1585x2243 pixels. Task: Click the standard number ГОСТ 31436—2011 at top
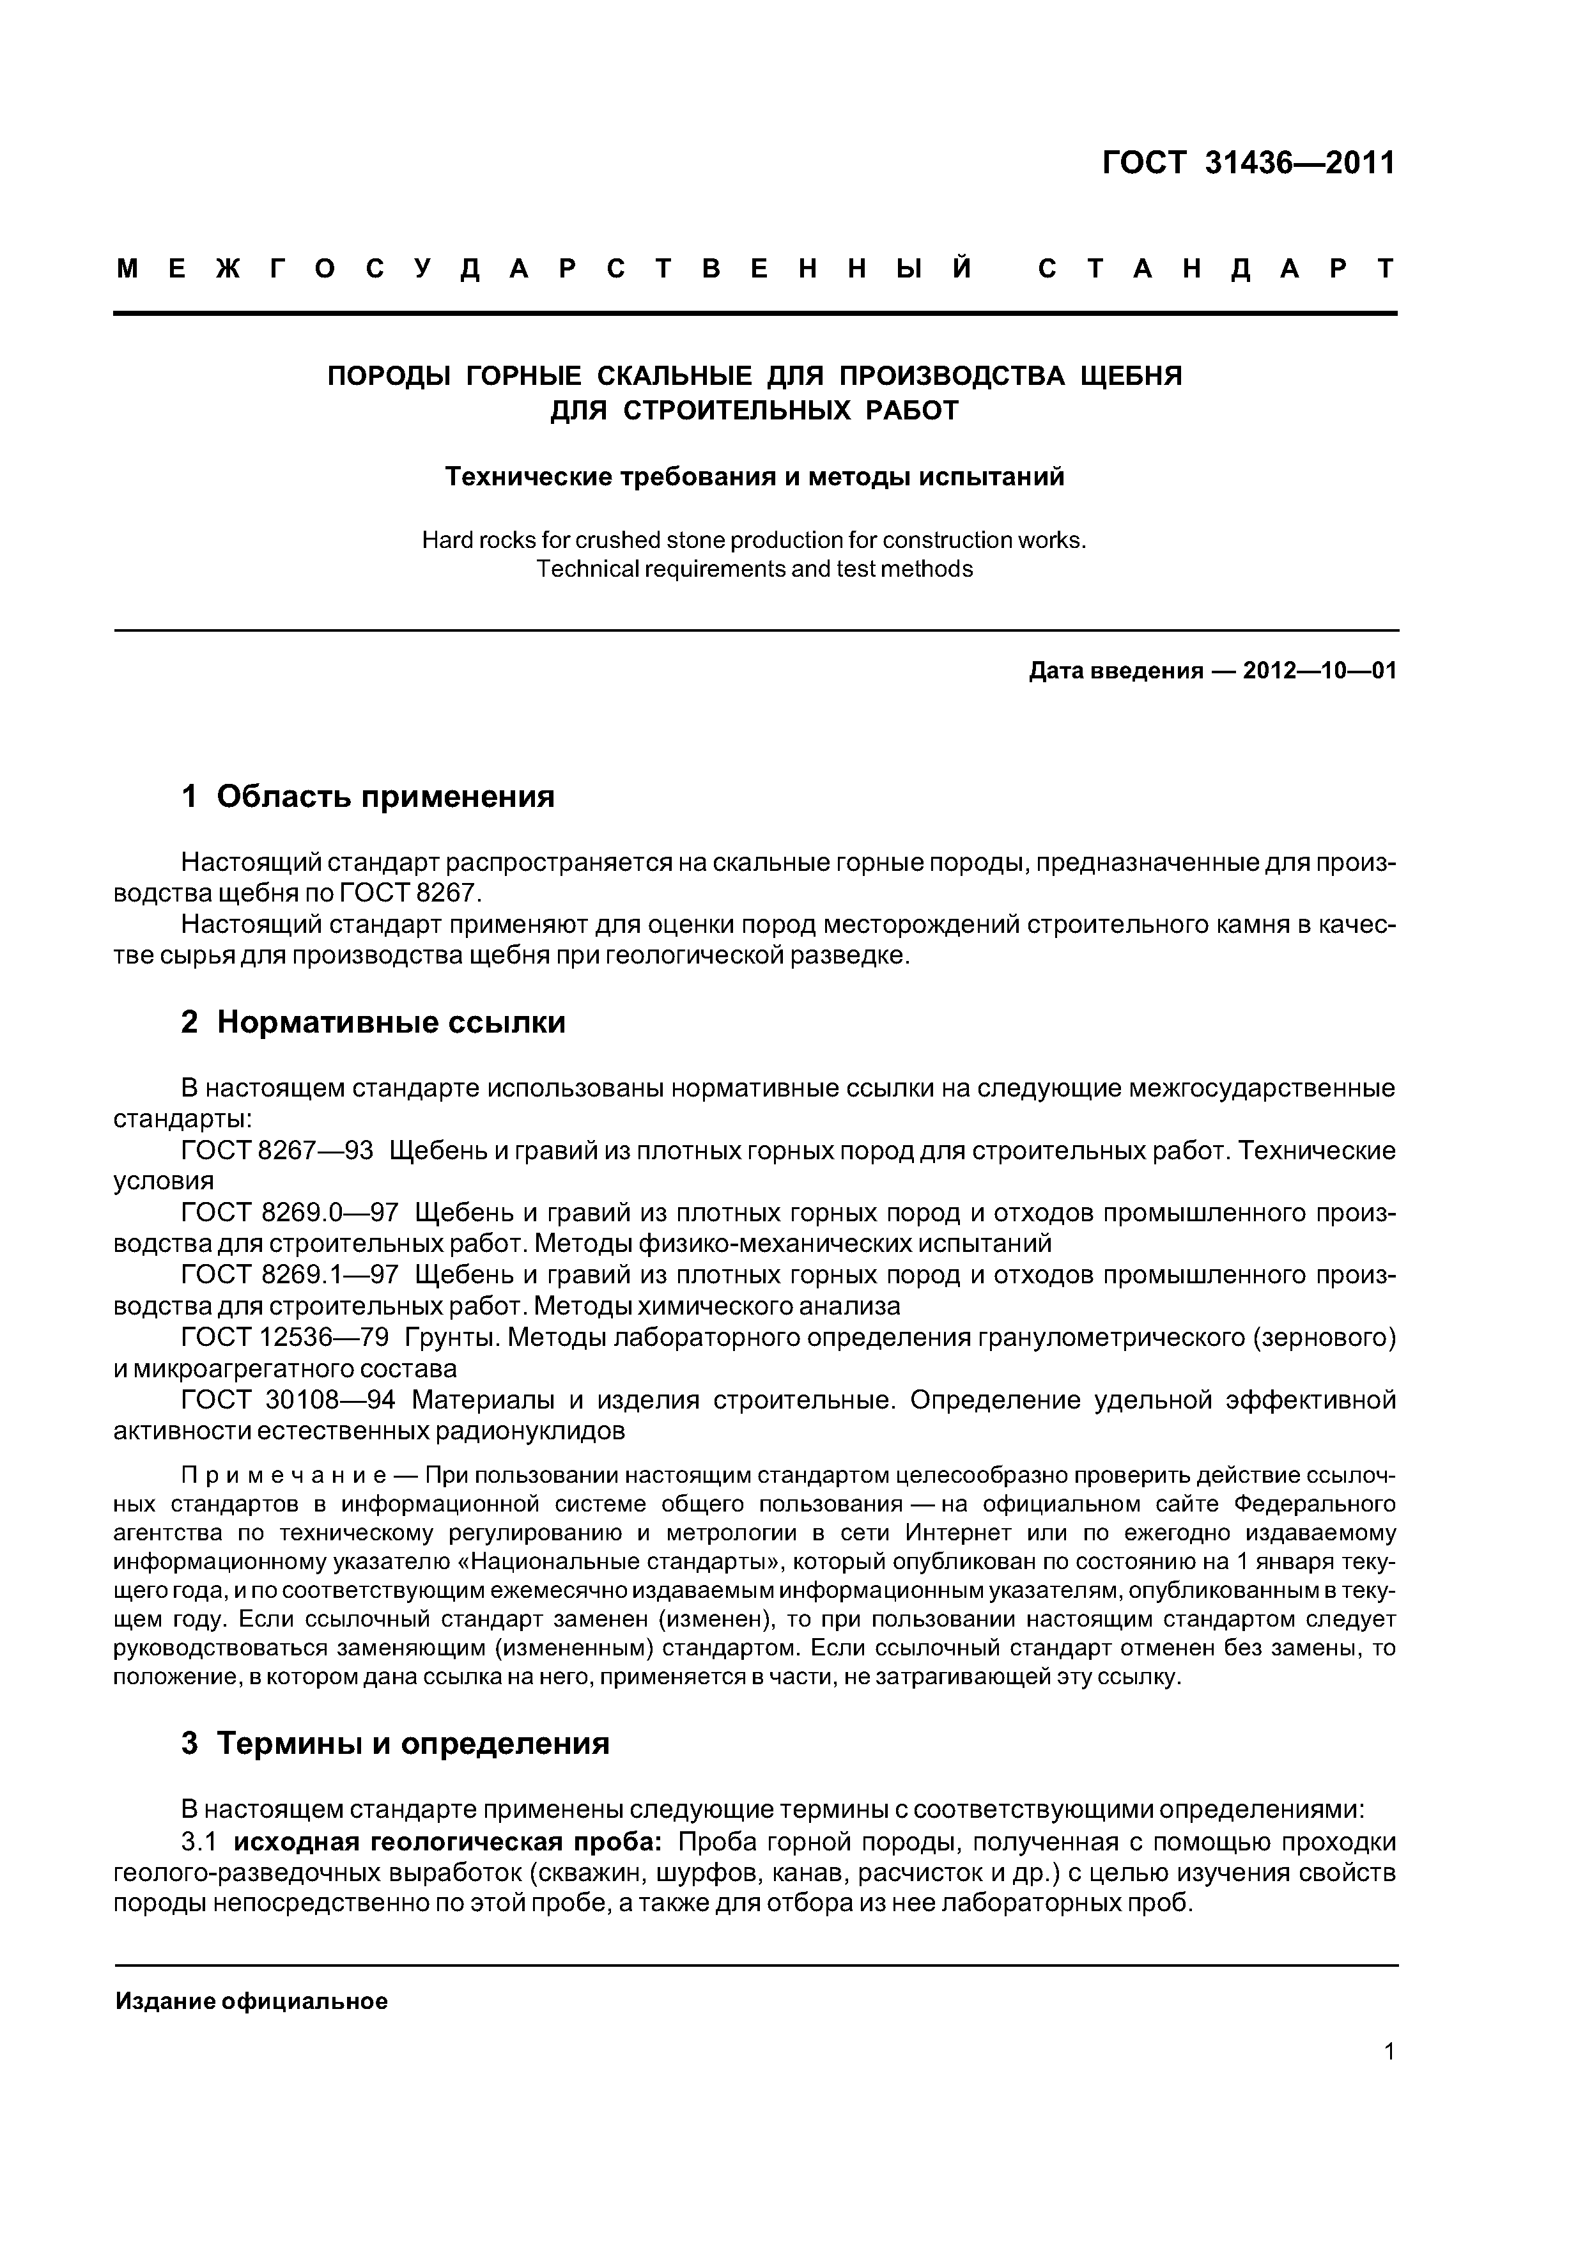1248,163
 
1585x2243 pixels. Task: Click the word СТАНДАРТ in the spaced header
1217,270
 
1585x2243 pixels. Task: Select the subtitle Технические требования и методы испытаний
754,477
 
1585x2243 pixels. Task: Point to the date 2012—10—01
1319,671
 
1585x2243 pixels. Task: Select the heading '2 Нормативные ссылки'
373,1022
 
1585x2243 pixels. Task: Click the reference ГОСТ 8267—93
277,1151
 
